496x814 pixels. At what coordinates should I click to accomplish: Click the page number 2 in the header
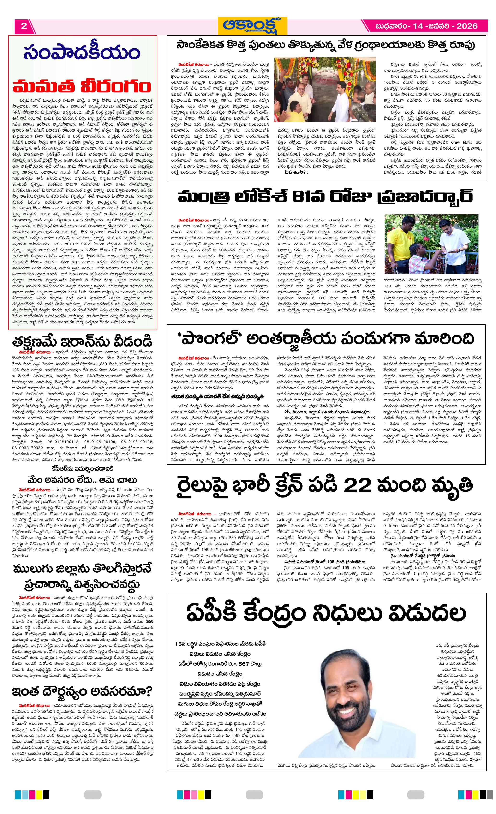24,26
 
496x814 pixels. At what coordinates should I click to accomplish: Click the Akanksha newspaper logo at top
252,26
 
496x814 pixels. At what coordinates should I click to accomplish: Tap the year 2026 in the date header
467,26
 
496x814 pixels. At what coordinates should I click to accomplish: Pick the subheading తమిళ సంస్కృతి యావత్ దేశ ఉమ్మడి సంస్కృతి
217,396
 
